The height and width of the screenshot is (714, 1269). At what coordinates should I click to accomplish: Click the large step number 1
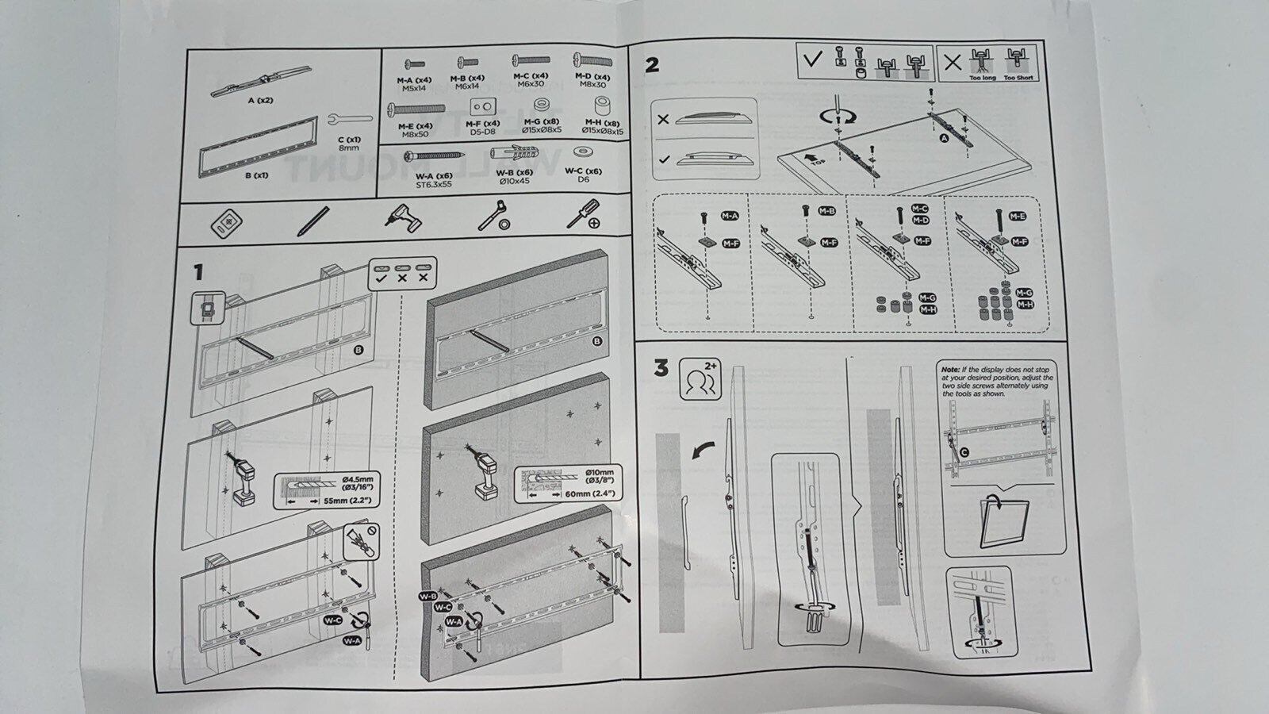[x=198, y=273]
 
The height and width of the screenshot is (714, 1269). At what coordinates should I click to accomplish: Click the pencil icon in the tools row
[x=312, y=221]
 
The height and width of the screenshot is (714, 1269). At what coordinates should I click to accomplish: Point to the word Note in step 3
[x=950, y=370]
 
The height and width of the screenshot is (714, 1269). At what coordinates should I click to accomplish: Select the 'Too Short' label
[x=1018, y=78]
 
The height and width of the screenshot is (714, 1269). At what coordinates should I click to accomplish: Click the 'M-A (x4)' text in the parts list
[x=414, y=80]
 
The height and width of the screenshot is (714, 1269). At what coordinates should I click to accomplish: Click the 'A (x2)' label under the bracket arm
[x=260, y=100]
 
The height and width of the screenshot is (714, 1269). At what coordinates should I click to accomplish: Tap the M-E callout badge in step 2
[x=1018, y=216]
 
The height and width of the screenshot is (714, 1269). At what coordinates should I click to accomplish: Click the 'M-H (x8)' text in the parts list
[x=600, y=123]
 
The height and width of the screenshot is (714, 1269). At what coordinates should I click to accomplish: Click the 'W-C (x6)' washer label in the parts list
[x=583, y=171]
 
